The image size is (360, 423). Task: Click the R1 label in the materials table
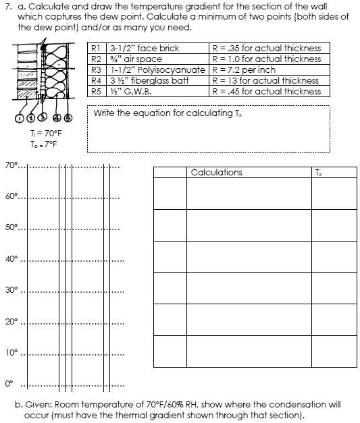click(x=95, y=49)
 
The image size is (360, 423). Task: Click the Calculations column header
click(x=216, y=173)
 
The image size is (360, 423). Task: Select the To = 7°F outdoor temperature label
click(x=44, y=144)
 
